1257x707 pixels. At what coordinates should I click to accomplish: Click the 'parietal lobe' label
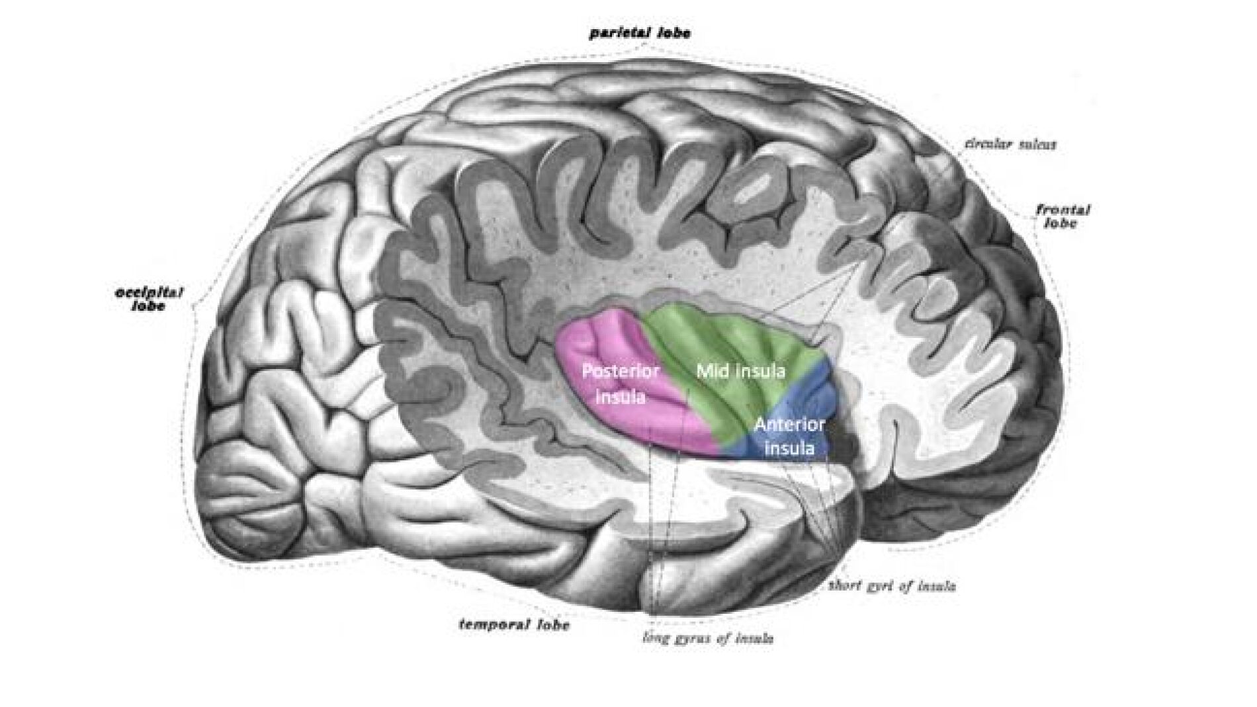[639, 33]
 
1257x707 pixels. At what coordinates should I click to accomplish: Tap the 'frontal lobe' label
[1062, 216]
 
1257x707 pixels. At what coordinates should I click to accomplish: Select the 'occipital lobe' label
[149, 299]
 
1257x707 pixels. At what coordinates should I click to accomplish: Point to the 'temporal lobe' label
[514, 624]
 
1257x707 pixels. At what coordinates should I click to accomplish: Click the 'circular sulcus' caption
[1010, 144]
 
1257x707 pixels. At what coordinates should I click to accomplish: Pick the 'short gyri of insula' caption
[892, 585]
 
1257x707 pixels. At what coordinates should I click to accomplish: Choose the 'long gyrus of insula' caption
[709, 638]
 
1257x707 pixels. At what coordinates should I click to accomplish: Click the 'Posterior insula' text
[621, 384]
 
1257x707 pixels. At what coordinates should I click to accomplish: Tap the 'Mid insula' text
[740, 371]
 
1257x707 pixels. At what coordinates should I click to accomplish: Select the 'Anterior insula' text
[789, 437]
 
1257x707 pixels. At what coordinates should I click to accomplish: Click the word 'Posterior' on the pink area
[621, 371]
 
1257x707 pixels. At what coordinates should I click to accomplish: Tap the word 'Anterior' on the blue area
[789, 425]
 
